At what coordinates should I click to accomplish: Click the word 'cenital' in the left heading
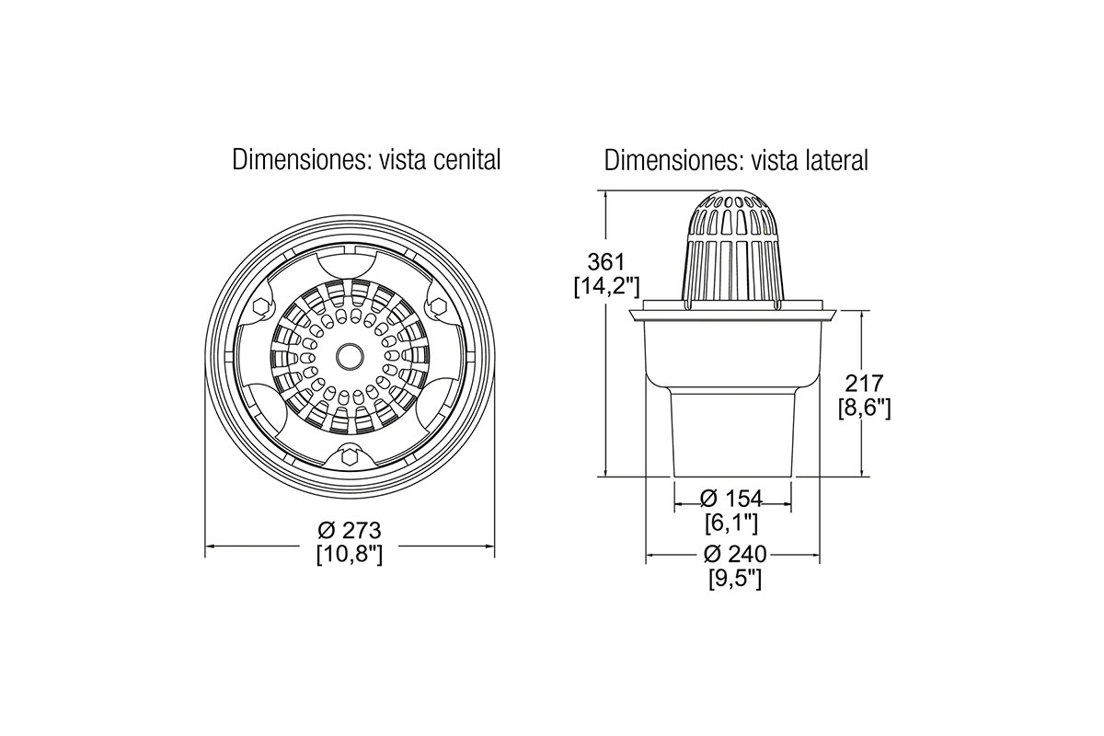(x=466, y=160)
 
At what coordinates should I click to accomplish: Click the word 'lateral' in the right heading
(x=837, y=160)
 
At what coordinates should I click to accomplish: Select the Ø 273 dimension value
(x=350, y=531)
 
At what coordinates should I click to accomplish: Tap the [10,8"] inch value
(x=350, y=555)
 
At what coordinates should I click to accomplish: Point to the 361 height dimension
(x=606, y=262)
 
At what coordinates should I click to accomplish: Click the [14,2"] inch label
(x=606, y=286)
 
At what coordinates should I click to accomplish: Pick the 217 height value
(x=865, y=384)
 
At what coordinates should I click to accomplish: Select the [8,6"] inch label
(x=865, y=408)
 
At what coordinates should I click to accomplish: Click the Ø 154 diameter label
(x=731, y=499)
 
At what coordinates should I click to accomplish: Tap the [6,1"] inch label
(x=731, y=523)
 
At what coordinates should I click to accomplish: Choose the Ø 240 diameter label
(x=735, y=554)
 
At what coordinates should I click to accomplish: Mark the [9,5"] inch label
(x=735, y=579)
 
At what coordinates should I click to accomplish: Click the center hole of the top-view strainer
(x=350, y=355)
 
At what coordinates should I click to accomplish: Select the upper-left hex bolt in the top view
(x=260, y=306)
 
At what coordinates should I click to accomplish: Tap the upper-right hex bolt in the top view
(x=436, y=305)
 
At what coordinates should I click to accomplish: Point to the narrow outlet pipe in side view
(x=733, y=434)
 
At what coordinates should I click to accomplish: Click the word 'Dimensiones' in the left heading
(x=301, y=160)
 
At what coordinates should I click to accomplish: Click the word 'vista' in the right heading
(x=773, y=160)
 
